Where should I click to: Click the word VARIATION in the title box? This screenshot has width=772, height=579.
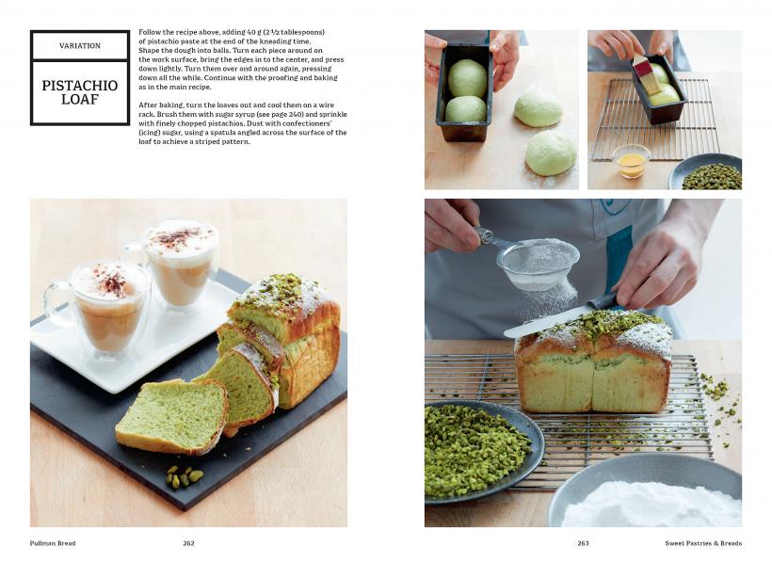click(x=80, y=46)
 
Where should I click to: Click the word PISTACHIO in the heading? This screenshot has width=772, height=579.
click(x=80, y=85)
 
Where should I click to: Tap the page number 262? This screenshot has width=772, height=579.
click(x=188, y=543)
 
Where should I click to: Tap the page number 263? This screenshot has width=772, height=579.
click(x=583, y=543)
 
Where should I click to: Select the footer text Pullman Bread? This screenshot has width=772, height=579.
click(x=53, y=543)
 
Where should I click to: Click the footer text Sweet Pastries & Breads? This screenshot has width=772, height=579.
click(x=703, y=543)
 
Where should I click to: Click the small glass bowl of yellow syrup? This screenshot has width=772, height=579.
click(x=631, y=161)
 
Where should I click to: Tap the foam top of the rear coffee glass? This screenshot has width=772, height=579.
click(x=180, y=239)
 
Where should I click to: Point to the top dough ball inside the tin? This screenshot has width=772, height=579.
click(x=467, y=77)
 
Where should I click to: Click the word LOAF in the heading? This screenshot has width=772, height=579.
click(x=80, y=99)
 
